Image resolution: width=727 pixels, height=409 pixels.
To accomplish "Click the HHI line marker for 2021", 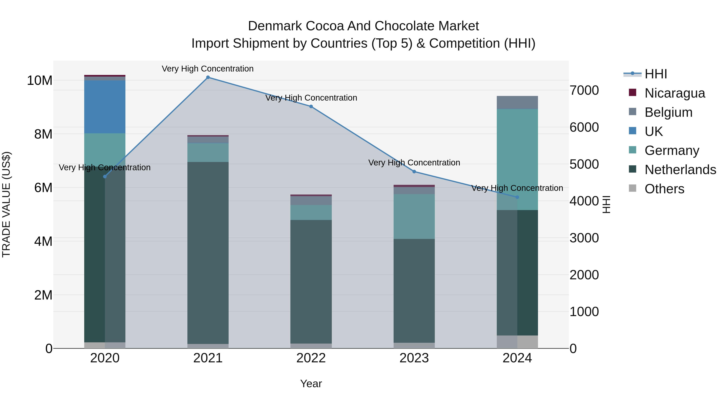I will [x=208, y=77].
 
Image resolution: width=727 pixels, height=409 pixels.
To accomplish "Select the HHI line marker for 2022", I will [x=311, y=106].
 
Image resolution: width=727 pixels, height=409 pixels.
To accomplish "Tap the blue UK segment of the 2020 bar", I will [x=105, y=107].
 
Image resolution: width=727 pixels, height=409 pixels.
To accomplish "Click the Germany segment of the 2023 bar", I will [x=414, y=217].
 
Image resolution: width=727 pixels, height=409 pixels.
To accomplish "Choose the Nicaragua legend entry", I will [x=674, y=93].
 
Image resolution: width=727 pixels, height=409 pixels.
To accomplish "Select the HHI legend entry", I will [x=655, y=74].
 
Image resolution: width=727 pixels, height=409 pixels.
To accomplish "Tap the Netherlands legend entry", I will [x=680, y=170].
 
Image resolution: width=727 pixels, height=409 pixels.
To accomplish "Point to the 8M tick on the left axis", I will [x=43, y=134].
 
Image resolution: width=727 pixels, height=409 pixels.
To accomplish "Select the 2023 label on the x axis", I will [x=414, y=358].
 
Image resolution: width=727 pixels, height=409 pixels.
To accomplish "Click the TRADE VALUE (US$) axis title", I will [x=6, y=204].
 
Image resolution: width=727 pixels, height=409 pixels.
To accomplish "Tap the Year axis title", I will [x=311, y=384].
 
